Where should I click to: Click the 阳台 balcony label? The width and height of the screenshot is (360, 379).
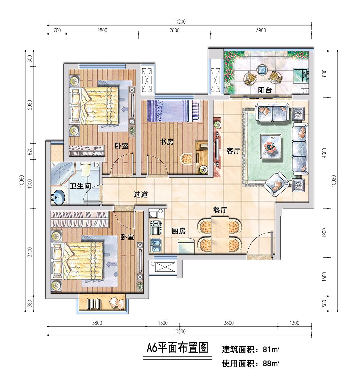point(265,90)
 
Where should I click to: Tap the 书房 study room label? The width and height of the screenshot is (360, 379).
point(166,142)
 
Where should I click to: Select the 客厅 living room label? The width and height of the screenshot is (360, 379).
point(233,151)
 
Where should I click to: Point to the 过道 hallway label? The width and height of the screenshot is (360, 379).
point(141,194)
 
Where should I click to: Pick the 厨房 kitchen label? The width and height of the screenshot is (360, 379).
point(179,231)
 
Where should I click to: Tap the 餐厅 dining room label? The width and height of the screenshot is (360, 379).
point(220,210)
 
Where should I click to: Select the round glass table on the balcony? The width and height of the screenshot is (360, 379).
point(262,70)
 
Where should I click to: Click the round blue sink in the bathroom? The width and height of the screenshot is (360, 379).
point(59,197)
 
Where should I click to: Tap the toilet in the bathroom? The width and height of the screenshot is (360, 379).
point(85,169)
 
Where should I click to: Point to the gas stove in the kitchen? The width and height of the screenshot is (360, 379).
point(156,227)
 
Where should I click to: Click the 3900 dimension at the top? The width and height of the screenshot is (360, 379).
point(261,30)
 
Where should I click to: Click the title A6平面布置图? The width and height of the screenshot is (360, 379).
point(177,348)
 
